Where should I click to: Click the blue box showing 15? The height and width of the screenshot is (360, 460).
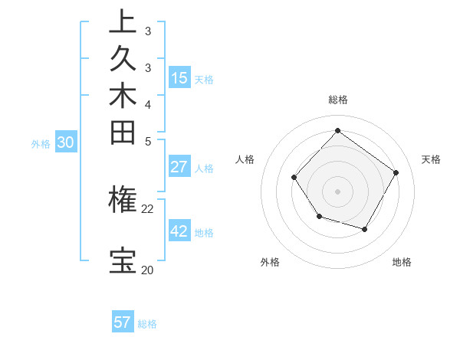click(x=179, y=77)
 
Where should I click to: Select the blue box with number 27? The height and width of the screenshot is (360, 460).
click(x=179, y=167)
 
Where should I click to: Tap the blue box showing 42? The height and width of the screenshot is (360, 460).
click(x=179, y=231)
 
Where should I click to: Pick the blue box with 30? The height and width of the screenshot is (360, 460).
click(x=66, y=142)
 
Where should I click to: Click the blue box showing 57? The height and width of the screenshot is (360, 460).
click(x=123, y=322)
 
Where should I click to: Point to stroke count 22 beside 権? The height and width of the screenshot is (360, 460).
click(x=147, y=208)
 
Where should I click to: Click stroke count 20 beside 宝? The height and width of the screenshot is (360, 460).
click(x=147, y=270)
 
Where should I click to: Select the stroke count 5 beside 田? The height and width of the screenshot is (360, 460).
click(x=148, y=140)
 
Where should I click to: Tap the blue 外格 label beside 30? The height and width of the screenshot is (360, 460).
click(x=41, y=143)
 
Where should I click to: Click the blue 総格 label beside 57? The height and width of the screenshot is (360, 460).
click(x=147, y=324)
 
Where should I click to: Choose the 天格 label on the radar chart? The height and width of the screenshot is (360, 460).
click(x=431, y=159)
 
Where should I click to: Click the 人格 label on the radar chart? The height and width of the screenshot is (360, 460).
click(x=245, y=159)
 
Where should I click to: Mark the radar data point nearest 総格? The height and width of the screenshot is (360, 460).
click(x=337, y=130)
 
